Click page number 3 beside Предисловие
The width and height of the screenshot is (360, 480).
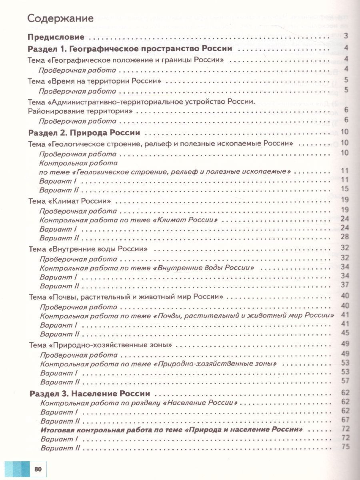tap(346, 37)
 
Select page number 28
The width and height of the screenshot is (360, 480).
tap(345, 237)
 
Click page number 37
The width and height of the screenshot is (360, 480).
tap(345, 286)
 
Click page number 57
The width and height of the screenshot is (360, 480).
tap(345, 381)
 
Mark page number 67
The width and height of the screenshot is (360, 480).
tap(346, 420)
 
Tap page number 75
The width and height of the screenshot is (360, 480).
tap(346, 447)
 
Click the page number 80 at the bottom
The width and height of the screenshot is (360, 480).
tap(38, 468)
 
